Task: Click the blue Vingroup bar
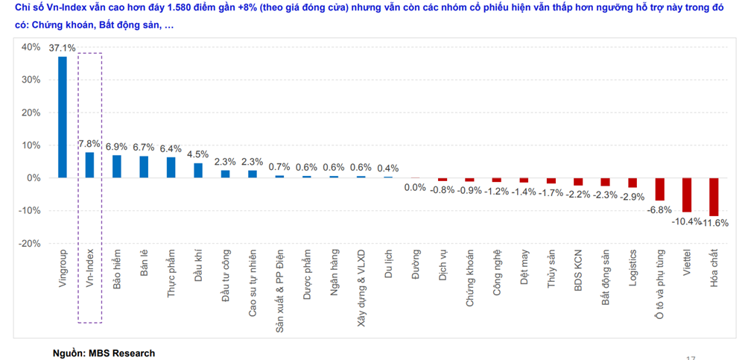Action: click(x=63, y=117)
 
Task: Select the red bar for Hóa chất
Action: click(x=714, y=197)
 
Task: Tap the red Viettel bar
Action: click(x=687, y=195)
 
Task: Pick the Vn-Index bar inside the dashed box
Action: click(x=89, y=165)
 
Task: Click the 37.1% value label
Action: click(x=63, y=48)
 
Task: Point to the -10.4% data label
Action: click(x=686, y=221)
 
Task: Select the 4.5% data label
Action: click(x=198, y=154)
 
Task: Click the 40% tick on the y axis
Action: click(x=31, y=47)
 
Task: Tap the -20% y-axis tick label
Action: click(x=30, y=244)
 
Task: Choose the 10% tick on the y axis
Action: click(x=31, y=145)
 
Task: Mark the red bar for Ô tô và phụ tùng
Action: click(x=659, y=189)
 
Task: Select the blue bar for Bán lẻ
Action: click(x=144, y=167)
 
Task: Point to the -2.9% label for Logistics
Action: click(x=633, y=196)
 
